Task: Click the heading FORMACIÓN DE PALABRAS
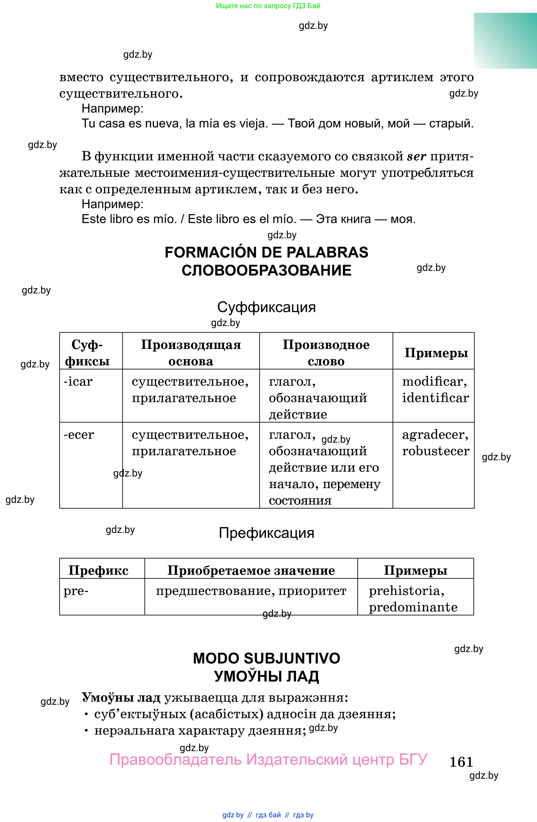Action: [x=266, y=252]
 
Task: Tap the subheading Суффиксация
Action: [x=266, y=307]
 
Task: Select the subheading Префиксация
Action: [x=266, y=533]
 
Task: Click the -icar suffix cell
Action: [x=78, y=382]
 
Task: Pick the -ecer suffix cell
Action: [x=79, y=435]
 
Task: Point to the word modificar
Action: [x=434, y=382]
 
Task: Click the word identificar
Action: [x=435, y=398]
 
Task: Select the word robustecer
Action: [x=435, y=451]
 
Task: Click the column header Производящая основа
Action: [x=191, y=353]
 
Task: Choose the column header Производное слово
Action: [x=326, y=353]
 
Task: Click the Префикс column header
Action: [x=98, y=570]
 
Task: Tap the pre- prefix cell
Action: [x=76, y=591]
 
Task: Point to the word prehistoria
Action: [x=406, y=591]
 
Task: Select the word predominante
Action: [x=413, y=607]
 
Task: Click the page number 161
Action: [x=461, y=762]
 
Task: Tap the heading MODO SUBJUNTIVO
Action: [x=266, y=658]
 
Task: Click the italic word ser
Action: [x=416, y=156]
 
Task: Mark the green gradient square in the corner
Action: [x=505, y=41]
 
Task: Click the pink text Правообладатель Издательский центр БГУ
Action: [x=268, y=760]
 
